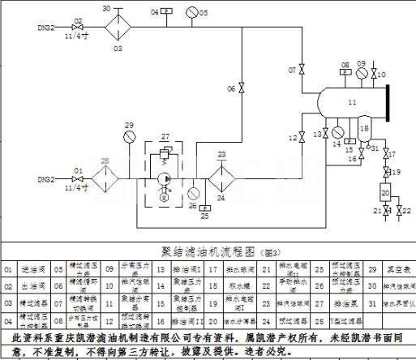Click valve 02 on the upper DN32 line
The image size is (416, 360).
tap(78, 28)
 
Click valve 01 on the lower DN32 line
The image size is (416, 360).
tap(78, 179)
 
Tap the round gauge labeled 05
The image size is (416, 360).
tap(191, 12)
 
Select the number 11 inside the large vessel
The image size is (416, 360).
tap(350, 103)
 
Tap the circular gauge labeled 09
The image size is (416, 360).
tap(362, 75)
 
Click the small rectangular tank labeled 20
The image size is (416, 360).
tap(384, 193)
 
